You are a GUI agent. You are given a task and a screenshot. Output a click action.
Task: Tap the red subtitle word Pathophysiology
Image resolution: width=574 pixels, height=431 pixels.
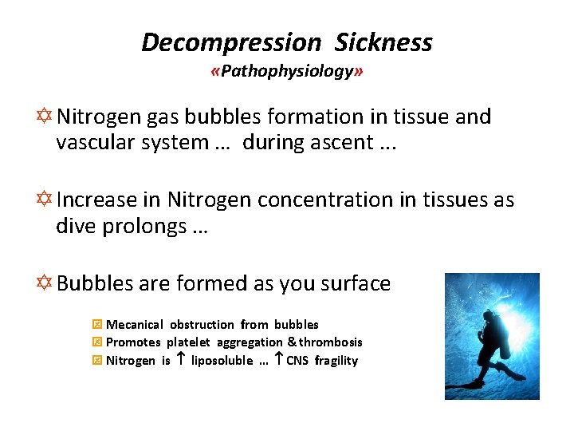pos(286,72)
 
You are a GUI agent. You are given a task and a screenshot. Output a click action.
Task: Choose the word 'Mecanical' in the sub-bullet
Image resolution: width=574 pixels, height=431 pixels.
pos(135,325)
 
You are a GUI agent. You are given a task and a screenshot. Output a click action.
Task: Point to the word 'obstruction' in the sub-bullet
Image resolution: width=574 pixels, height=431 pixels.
pos(202,325)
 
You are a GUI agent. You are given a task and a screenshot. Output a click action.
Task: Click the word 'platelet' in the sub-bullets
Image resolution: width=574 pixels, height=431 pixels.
pos(188,342)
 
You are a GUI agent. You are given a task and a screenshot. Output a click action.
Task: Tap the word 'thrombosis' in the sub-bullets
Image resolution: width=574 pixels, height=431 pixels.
pos(330,342)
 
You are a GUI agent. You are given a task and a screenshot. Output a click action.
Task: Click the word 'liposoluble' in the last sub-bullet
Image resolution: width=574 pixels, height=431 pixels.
pos(220,361)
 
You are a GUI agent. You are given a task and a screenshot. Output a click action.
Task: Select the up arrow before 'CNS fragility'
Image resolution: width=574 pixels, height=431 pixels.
pos(278,360)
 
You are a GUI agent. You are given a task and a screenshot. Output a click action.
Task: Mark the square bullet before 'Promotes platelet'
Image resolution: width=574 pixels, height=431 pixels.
pos(97,342)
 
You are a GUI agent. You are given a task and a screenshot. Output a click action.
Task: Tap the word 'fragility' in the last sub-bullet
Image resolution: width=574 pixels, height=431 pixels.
pos(336,361)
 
